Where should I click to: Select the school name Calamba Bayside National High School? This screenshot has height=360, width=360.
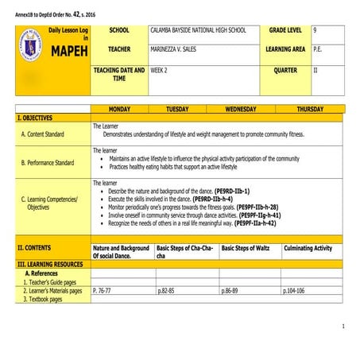coord(198,30)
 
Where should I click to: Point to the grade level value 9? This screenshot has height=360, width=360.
coord(315,30)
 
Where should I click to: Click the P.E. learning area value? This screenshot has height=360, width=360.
coord(318,49)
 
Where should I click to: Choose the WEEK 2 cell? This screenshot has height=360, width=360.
coord(162,71)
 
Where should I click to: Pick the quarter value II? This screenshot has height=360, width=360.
coord(315,69)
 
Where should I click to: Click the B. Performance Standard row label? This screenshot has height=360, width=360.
coord(48,163)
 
